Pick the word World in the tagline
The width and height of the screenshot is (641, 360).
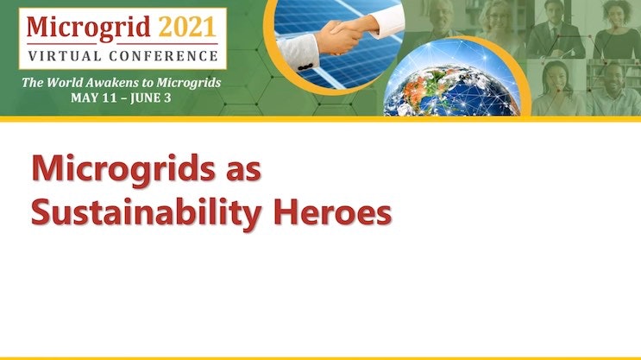pos(65,82)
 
